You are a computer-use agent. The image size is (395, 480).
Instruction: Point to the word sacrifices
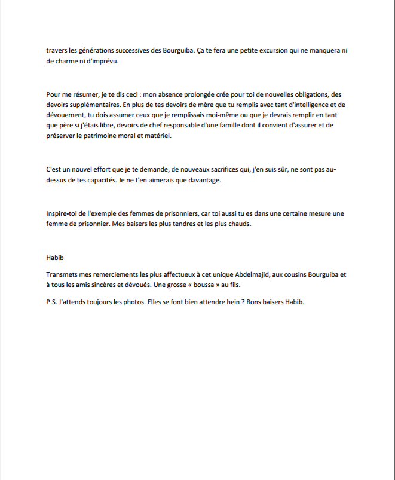pyautogui.click(x=224, y=170)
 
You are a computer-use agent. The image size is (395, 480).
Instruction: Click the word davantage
pyautogui.click(x=202, y=181)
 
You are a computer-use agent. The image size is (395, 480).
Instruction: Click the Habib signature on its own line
pyautogui.click(x=54, y=258)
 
